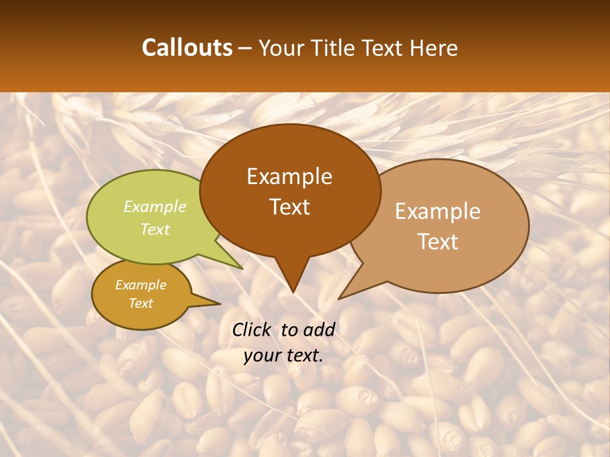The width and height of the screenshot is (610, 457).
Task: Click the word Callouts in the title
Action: [187, 48]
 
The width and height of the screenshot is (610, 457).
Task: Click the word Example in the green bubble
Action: [155, 207]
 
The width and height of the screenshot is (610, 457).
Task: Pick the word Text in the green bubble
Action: [155, 229]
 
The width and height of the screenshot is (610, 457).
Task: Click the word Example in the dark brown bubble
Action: [289, 176]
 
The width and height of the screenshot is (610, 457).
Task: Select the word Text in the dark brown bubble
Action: [289, 207]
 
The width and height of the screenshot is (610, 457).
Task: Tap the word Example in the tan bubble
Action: [438, 211]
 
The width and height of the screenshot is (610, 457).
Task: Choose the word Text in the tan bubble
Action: [438, 242]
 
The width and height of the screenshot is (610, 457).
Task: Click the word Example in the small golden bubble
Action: [140, 285]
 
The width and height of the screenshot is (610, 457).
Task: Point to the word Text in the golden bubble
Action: [140, 303]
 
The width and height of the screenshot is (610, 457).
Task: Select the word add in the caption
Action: [319, 329]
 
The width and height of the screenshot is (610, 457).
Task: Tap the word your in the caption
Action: [261, 355]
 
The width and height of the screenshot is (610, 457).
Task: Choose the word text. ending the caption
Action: [302, 355]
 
